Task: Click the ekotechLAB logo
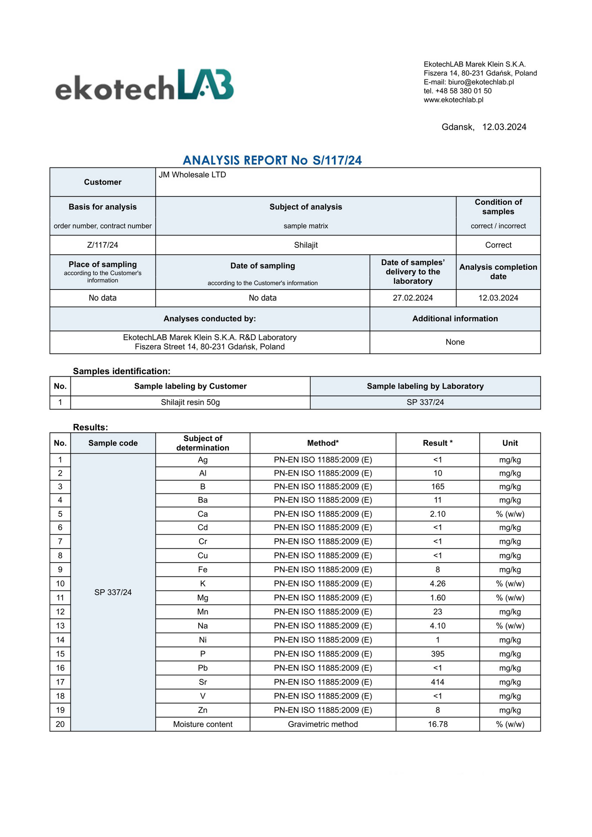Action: click(x=144, y=85)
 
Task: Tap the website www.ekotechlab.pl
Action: click(x=454, y=100)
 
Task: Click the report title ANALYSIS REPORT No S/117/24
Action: click(x=272, y=160)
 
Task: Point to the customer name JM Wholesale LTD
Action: click(x=192, y=175)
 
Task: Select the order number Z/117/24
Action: click(x=102, y=245)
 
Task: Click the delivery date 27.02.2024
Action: click(x=413, y=298)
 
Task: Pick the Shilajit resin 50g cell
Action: click(x=190, y=402)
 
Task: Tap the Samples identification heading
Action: click(x=121, y=371)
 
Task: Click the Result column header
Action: click(x=438, y=443)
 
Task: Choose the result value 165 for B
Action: click(x=438, y=486)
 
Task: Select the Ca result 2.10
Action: click(x=438, y=514)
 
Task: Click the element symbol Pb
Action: click(x=202, y=668)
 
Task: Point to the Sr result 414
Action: click(x=438, y=682)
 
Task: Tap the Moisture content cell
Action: click(x=202, y=724)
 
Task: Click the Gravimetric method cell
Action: click(x=323, y=724)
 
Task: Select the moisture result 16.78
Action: click(x=438, y=724)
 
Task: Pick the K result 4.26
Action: click(x=438, y=584)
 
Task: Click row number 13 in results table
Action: click(x=60, y=626)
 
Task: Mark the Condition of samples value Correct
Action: click(x=498, y=245)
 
